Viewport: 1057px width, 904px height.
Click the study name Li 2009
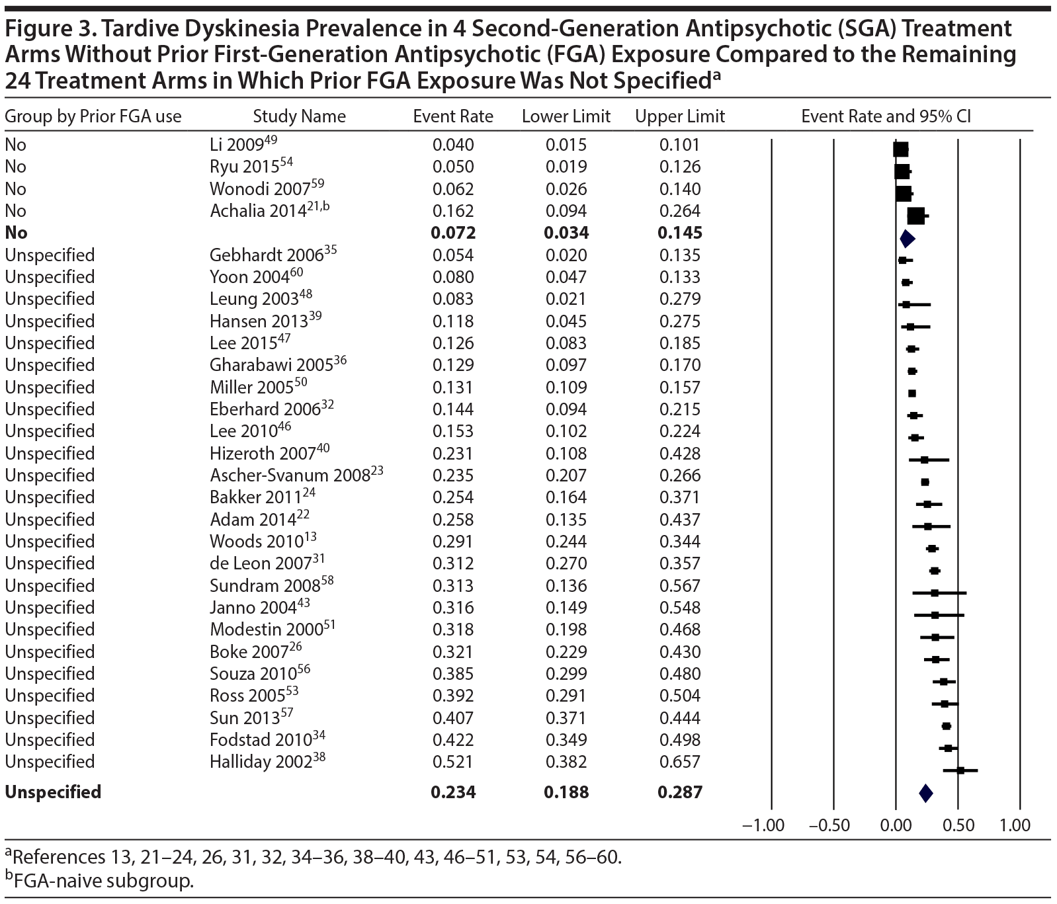236,145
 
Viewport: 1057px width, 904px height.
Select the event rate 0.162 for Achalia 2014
453,211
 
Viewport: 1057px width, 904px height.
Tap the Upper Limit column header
680,117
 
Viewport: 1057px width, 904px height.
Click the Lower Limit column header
566,117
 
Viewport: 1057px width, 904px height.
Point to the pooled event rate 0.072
453,233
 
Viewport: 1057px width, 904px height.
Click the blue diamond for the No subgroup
907,239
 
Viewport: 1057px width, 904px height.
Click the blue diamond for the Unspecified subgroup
925,793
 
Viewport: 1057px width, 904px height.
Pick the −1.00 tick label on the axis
763,825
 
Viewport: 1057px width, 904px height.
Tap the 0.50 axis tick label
958,825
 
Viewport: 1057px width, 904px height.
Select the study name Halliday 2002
260,762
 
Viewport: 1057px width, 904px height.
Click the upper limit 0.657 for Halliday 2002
679,762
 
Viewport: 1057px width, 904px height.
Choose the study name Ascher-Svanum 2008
289,475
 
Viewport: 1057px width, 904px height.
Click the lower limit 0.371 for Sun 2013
566,718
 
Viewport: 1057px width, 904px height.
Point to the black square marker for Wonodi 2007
903,193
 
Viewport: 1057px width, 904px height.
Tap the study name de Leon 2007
260,563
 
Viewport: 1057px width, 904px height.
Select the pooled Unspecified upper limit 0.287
679,792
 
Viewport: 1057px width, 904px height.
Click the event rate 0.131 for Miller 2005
453,388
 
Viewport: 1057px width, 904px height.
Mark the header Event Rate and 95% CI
886,117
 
